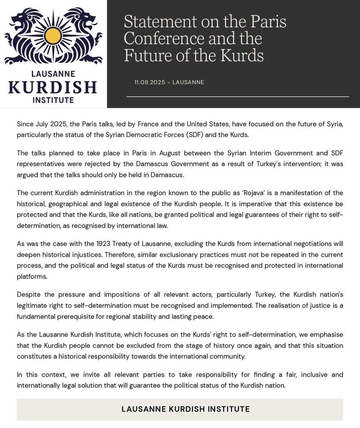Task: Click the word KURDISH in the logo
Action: click(x=53, y=87)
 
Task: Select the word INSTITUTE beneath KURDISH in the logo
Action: click(x=53, y=100)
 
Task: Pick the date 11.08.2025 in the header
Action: click(x=150, y=82)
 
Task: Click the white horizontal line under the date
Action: click(x=237, y=97)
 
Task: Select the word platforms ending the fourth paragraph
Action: click(x=32, y=276)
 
